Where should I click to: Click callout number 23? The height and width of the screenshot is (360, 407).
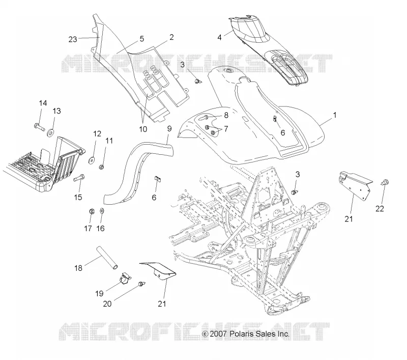[x=73, y=39]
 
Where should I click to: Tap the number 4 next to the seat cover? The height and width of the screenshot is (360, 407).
[x=220, y=37]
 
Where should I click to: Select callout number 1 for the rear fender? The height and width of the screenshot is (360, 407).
[x=335, y=115]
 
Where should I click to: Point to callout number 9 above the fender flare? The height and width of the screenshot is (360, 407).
[x=169, y=128]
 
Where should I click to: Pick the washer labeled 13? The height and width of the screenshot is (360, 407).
[x=50, y=133]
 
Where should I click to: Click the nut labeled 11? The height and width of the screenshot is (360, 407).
[x=102, y=167]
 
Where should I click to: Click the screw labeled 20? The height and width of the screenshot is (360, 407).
[x=142, y=284]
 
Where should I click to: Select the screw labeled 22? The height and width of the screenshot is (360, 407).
[x=385, y=182]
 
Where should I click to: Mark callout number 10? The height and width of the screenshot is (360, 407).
[x=143, y=129]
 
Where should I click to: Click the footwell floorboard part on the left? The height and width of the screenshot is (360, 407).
[x=43, y=165]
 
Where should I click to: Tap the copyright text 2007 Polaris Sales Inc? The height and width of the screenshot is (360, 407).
[x=246, y=334]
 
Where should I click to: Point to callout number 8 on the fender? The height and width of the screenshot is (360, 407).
[x=226, y=115]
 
